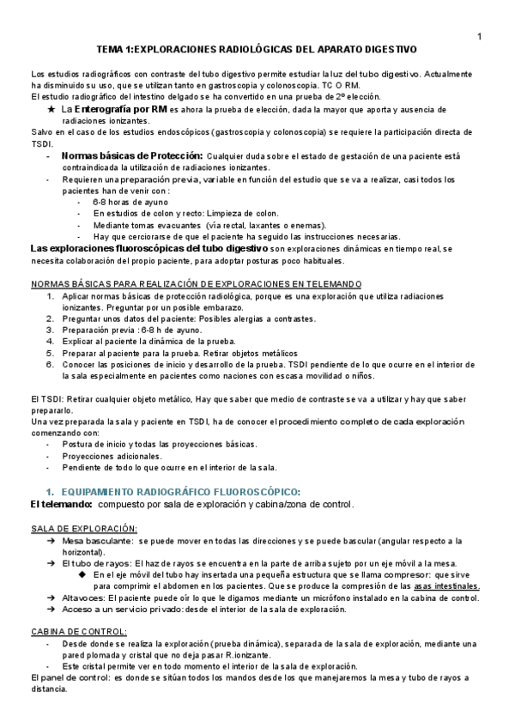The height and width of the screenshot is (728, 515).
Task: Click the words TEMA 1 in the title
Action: click(x=115, y=51)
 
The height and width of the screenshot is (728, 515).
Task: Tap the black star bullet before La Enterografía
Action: click(x=51, y=110)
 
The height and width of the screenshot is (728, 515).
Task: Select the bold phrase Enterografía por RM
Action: click(x=120, y=110)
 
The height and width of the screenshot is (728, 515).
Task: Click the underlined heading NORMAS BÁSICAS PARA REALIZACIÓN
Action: click(x=196, y=284)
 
